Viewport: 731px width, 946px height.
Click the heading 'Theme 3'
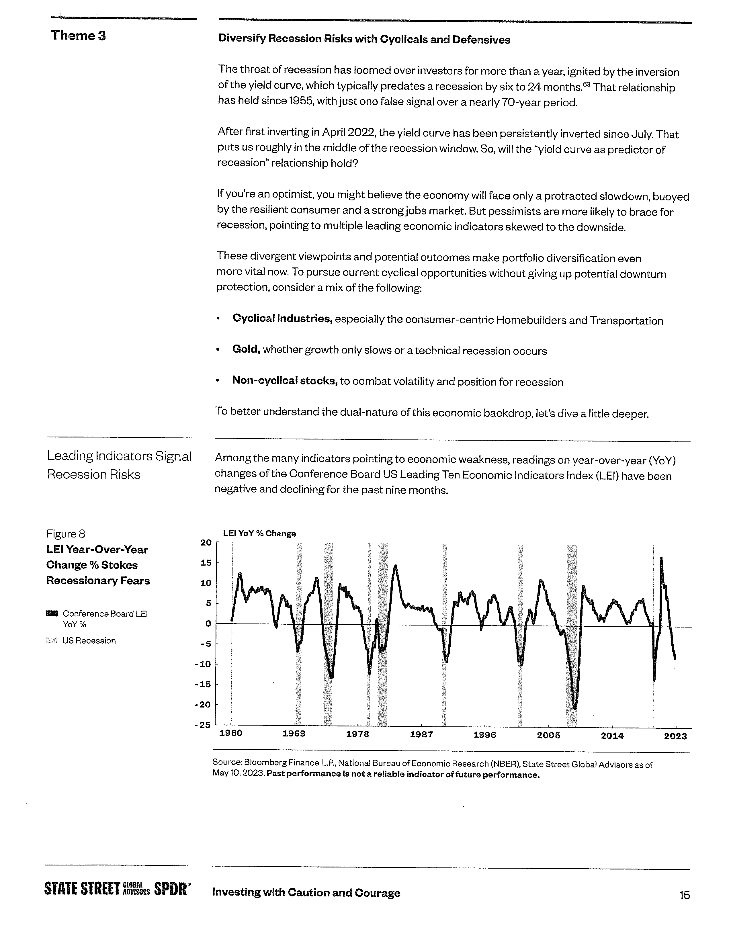click(78, 36)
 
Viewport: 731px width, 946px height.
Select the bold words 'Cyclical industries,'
click(282, 319)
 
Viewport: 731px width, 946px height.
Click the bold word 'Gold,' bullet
click(246, 349)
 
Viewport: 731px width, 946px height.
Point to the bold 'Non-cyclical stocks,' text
click(285, 381)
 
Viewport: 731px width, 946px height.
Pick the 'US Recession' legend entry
click(89, 641)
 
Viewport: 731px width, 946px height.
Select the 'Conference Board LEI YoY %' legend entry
click(105, 619)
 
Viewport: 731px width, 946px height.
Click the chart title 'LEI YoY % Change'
click(259, 533)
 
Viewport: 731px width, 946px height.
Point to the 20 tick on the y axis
click(206, 543)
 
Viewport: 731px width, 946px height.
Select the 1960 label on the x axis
click(231, 733)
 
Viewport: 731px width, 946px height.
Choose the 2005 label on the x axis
click(548, 735)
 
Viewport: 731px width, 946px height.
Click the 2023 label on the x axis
click(675, 736)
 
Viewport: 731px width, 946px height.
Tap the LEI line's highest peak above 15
click(661, 558)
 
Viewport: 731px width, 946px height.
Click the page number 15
click(684, 895)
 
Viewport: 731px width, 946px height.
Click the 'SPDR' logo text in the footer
click(171, 889)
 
